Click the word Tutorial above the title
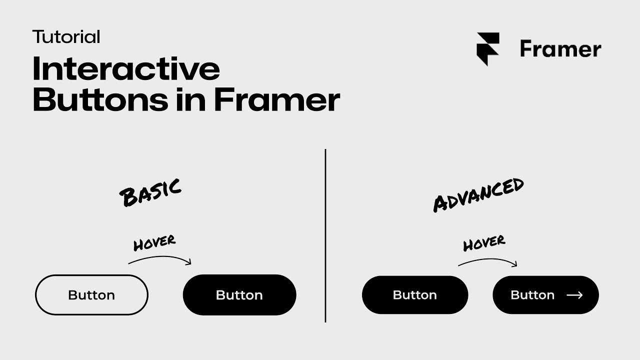tap(66, 37)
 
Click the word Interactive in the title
tap(126, 69)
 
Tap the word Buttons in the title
tap(100, 99)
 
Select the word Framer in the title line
tap(277, 99)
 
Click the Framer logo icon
tap(488, 49)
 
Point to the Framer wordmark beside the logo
tap(560, 49)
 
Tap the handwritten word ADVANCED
tap(478, 194)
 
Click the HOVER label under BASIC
tap(154, 243)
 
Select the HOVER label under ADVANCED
tap(484, 243)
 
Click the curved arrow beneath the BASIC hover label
tap(160, 259)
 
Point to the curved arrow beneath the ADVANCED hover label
tap(487, 261)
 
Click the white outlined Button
tap(91, 295)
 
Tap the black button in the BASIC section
tap(239, 295)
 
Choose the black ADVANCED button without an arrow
tap(415, 295)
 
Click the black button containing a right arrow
tap(545, 295)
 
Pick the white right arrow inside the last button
tap(574, 295)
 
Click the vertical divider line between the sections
tap(325, 235)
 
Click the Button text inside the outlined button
tap(91, 295)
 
